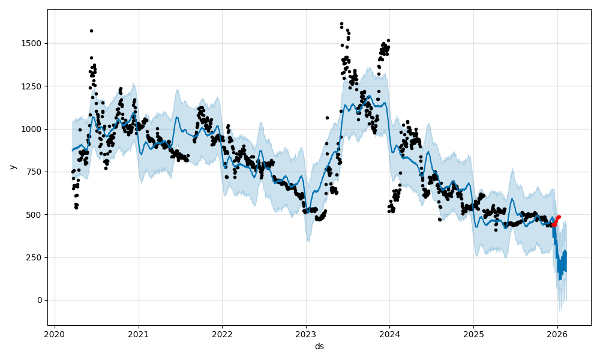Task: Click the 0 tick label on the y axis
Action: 40,300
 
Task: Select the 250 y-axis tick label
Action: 35,257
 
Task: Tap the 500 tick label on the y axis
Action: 35,215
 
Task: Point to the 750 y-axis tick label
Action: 35,172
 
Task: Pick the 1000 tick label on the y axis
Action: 33,129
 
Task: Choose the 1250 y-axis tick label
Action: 33,86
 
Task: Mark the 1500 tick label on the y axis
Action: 33,43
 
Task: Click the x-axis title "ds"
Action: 319,346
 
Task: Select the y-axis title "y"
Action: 12,167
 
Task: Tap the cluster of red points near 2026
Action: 556,221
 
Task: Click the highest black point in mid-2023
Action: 341,24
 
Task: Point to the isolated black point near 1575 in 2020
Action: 91,31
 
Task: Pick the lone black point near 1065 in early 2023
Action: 327,118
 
